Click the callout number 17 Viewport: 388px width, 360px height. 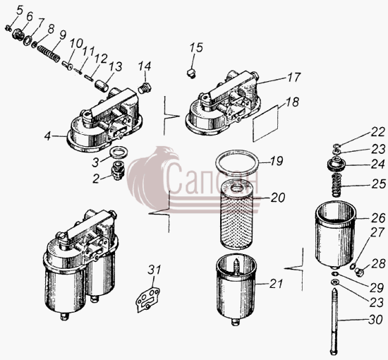[x=293, y=77]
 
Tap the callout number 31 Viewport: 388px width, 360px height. [x=154, y=270]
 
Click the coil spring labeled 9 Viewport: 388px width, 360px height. [x=49, y=54]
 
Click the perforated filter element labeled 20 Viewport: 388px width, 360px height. [x=236, y=215]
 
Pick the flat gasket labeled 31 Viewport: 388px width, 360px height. [x=148, y=299]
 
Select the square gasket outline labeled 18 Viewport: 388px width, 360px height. [x=265, y=123]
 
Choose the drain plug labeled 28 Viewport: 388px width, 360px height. [x=359, y=272]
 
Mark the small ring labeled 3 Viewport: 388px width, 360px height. [x=119, y=152]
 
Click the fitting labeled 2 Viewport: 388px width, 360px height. [x=118, y=170]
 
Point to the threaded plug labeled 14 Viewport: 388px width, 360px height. [x=145, y=89]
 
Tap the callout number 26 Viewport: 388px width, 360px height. [x=378, y=217]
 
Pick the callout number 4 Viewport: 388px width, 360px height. [x=48, y=136]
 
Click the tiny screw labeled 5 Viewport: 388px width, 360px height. [x=8, y=28]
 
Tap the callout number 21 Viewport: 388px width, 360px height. [x=276, y=284]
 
